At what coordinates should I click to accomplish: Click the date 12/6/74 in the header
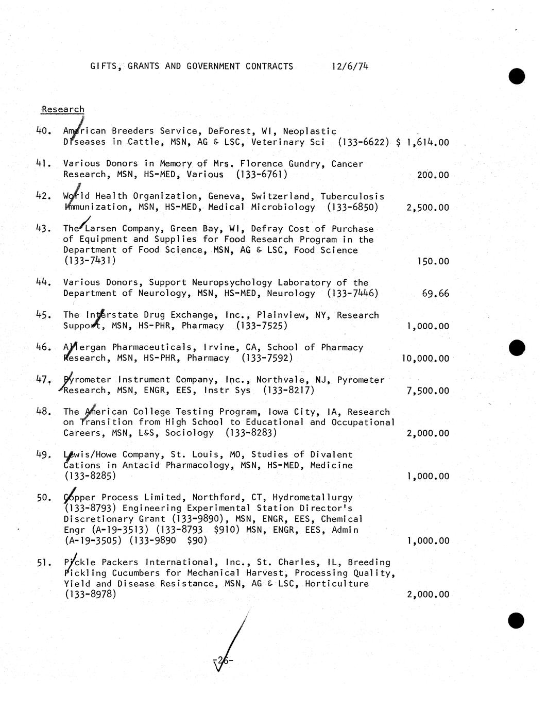(350, 66)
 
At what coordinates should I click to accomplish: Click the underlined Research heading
(63, 109)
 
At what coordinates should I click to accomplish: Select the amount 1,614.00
(428, 142)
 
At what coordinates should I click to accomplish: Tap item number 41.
(43, 163)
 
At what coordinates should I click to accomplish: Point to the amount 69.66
(435, 294)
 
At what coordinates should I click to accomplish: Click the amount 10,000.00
(425, 359)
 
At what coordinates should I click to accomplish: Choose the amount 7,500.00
(428, 391)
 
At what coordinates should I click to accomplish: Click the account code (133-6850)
(352, 207)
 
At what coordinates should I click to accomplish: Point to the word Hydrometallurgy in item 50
(313, 497)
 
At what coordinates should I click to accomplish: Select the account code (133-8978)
(90, 594)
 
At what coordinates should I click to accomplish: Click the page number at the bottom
(223, 660)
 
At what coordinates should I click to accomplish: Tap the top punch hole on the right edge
(516, 76)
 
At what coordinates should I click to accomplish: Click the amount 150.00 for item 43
(433, 261)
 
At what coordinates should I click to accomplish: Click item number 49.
(43, 454)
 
